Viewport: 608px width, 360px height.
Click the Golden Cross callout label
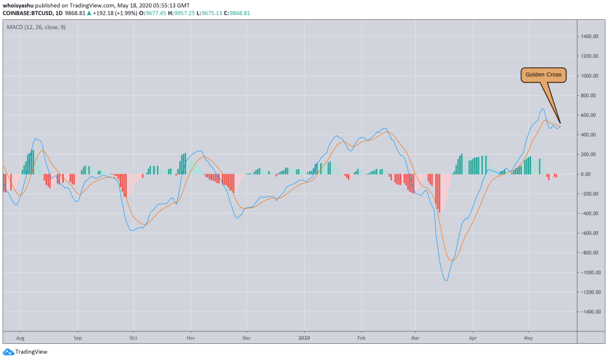point(543,75)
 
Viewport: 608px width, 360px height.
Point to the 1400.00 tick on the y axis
point(589,37)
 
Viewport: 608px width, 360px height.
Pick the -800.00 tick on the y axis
point(589,253)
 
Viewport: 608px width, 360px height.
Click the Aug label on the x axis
point(20,340)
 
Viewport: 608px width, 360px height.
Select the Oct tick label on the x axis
point(133,340)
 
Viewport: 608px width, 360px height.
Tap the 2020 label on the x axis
point(305,340)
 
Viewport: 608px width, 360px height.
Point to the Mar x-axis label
point(416,340)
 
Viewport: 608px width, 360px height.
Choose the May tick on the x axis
point(528,340)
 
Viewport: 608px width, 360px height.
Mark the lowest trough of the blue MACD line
point(446,280)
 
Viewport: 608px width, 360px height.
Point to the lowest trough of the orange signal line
point(452,261)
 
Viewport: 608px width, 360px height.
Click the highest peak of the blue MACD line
point(543,109)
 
